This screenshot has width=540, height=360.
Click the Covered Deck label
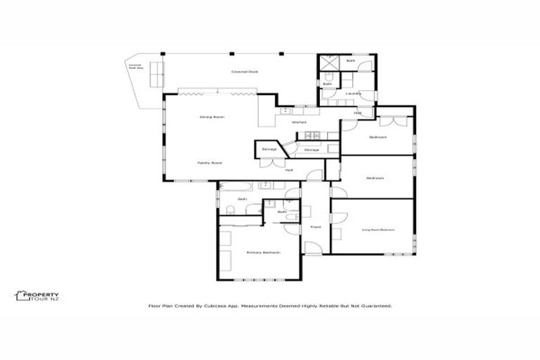(x=240, y=72)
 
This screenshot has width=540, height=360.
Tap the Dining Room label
(x=212, y=116)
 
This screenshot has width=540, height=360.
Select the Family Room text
(x=210, y=162)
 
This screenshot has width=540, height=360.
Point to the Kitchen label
(x=299, y=122)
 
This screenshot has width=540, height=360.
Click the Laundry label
(x=353, y=94)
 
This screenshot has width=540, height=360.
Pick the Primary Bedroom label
(x=264, y=252)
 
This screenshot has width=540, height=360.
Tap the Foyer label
(x=316, y=227)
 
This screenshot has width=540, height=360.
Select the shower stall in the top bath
(x=328, y=62)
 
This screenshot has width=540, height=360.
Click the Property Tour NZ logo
(x=37, y=297)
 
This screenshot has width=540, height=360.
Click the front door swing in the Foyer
(x=311, y=247)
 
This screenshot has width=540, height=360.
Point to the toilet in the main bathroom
(x=230, y=210)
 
